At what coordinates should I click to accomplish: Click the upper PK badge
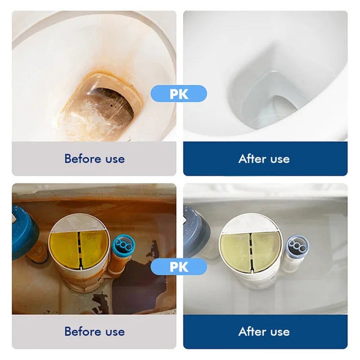(x=179, y=94)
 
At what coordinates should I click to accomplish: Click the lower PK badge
(x=179, y=266)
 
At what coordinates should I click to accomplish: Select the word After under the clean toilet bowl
(x=252, y=159)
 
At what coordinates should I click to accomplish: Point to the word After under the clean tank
(x=252, y=332)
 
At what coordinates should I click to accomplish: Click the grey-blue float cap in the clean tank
(x=195, y=232)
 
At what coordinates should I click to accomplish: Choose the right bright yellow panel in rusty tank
(x=93, y=248)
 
